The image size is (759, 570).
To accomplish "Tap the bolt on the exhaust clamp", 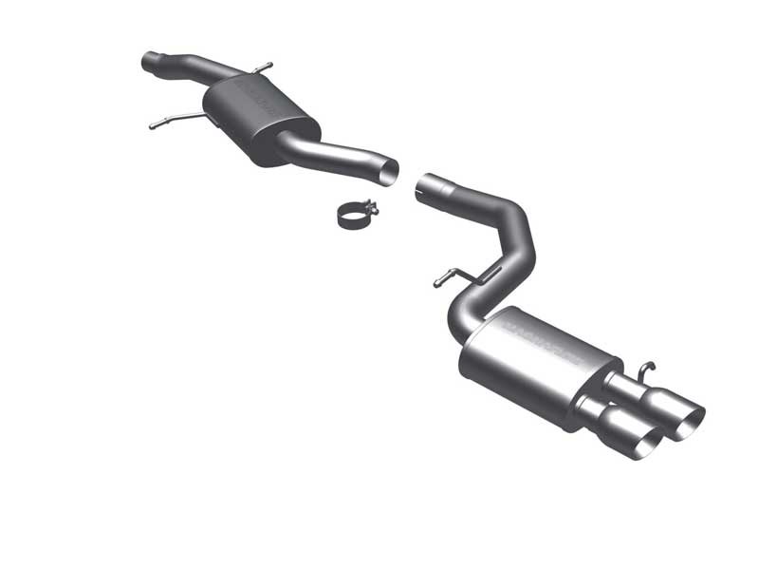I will click(x=373, y=210).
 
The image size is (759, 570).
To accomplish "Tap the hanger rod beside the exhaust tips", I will click(x=646, y=369).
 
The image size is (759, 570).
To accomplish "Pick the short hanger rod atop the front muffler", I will click(x=261, y=67).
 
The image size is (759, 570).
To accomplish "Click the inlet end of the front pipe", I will click(x=148, y=63).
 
